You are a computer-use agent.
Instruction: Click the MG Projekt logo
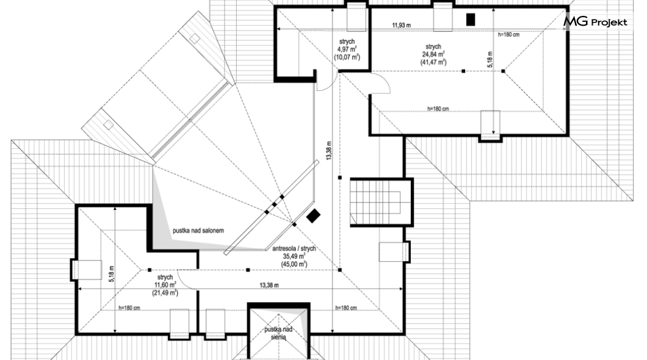point(595,22)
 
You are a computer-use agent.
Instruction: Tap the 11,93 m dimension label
point(401,25)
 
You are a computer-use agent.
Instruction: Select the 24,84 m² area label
point(433,54)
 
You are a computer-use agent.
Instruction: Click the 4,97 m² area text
point(347,49)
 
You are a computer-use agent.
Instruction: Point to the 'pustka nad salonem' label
point(198,231)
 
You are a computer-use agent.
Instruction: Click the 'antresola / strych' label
point(294,249)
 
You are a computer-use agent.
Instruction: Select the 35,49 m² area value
point(294,256)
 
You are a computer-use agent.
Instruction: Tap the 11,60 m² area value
point(165,285)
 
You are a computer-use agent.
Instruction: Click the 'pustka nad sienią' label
point(278,333)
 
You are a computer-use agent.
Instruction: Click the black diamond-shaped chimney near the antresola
point(313,215)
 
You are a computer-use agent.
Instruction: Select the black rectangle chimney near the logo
point(471,20)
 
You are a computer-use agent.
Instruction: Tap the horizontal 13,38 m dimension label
point(269,285)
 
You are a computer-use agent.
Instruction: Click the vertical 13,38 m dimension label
point(329,151)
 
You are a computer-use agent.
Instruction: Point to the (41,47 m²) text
point(433,62)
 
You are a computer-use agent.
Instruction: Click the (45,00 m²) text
point(294,264)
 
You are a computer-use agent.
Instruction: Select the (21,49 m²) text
point(165,293)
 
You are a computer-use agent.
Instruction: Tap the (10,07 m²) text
point(347,57)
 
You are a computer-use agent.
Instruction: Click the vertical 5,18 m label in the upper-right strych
point(490,59)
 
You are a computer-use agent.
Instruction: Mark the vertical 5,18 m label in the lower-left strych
point(111,274)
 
